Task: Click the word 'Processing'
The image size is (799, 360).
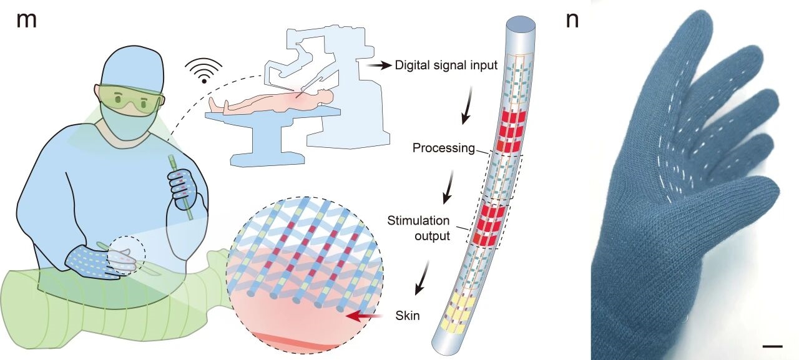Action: [x=444, y=148]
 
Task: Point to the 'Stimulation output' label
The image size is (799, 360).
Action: [x=418, y=228]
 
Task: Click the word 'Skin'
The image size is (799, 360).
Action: [x=407, y=316]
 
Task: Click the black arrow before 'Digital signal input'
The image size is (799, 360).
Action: [x=378, y=64]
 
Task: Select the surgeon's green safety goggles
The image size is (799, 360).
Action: [x=132, y=100]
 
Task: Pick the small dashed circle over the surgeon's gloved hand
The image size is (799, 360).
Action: [x=127, y=256]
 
